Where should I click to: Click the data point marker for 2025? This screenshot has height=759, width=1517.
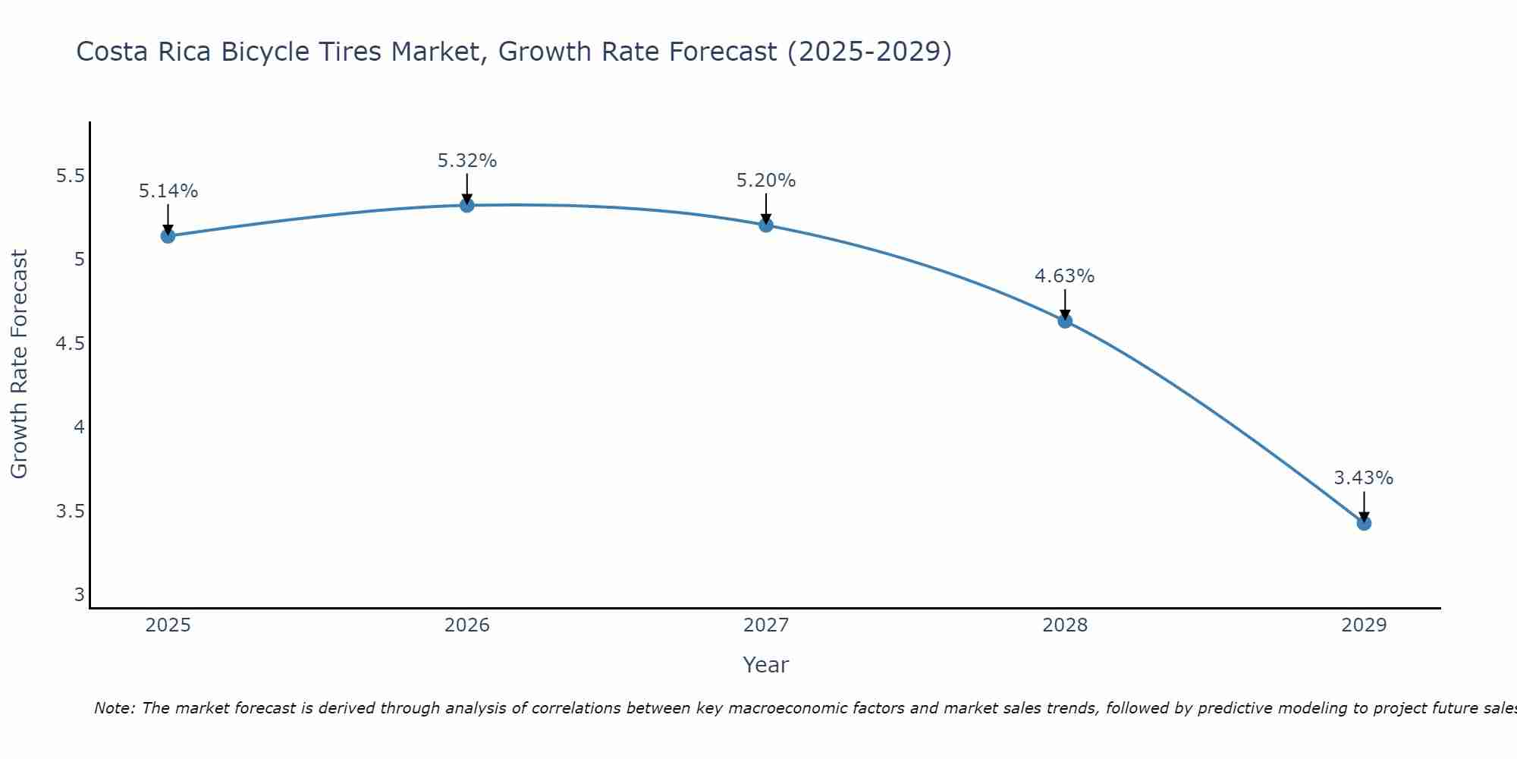click(168, 236)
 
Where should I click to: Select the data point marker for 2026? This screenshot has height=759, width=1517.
click(467, 205)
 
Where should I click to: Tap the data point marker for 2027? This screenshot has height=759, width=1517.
click(766, 225)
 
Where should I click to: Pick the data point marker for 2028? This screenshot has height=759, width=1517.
click(1065, 320)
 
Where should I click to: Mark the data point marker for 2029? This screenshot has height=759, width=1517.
click(1364, 523)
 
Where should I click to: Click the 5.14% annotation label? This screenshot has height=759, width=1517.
click(168, 191)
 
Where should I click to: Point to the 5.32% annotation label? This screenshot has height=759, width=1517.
click(467, 161)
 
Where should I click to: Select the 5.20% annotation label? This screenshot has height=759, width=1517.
click(766, 181)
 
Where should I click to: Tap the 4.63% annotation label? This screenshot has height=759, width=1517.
click(1065, 276)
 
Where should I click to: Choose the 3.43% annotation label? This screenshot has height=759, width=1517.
click(1364, 478)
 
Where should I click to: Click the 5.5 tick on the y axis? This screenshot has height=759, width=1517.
click(70, 176)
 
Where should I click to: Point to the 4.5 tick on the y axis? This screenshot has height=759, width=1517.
click(70, 344)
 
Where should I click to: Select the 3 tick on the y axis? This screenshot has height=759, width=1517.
click(79, 594)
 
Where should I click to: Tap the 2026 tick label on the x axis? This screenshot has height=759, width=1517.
click(467, 625)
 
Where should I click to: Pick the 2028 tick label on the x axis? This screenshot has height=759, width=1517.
click(1065, 625)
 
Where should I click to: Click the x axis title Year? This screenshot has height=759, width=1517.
click(766, 665)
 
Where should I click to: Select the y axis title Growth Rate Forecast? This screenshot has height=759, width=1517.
click(19, 364)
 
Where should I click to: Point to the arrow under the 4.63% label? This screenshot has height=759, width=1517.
click(1065, 304)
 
